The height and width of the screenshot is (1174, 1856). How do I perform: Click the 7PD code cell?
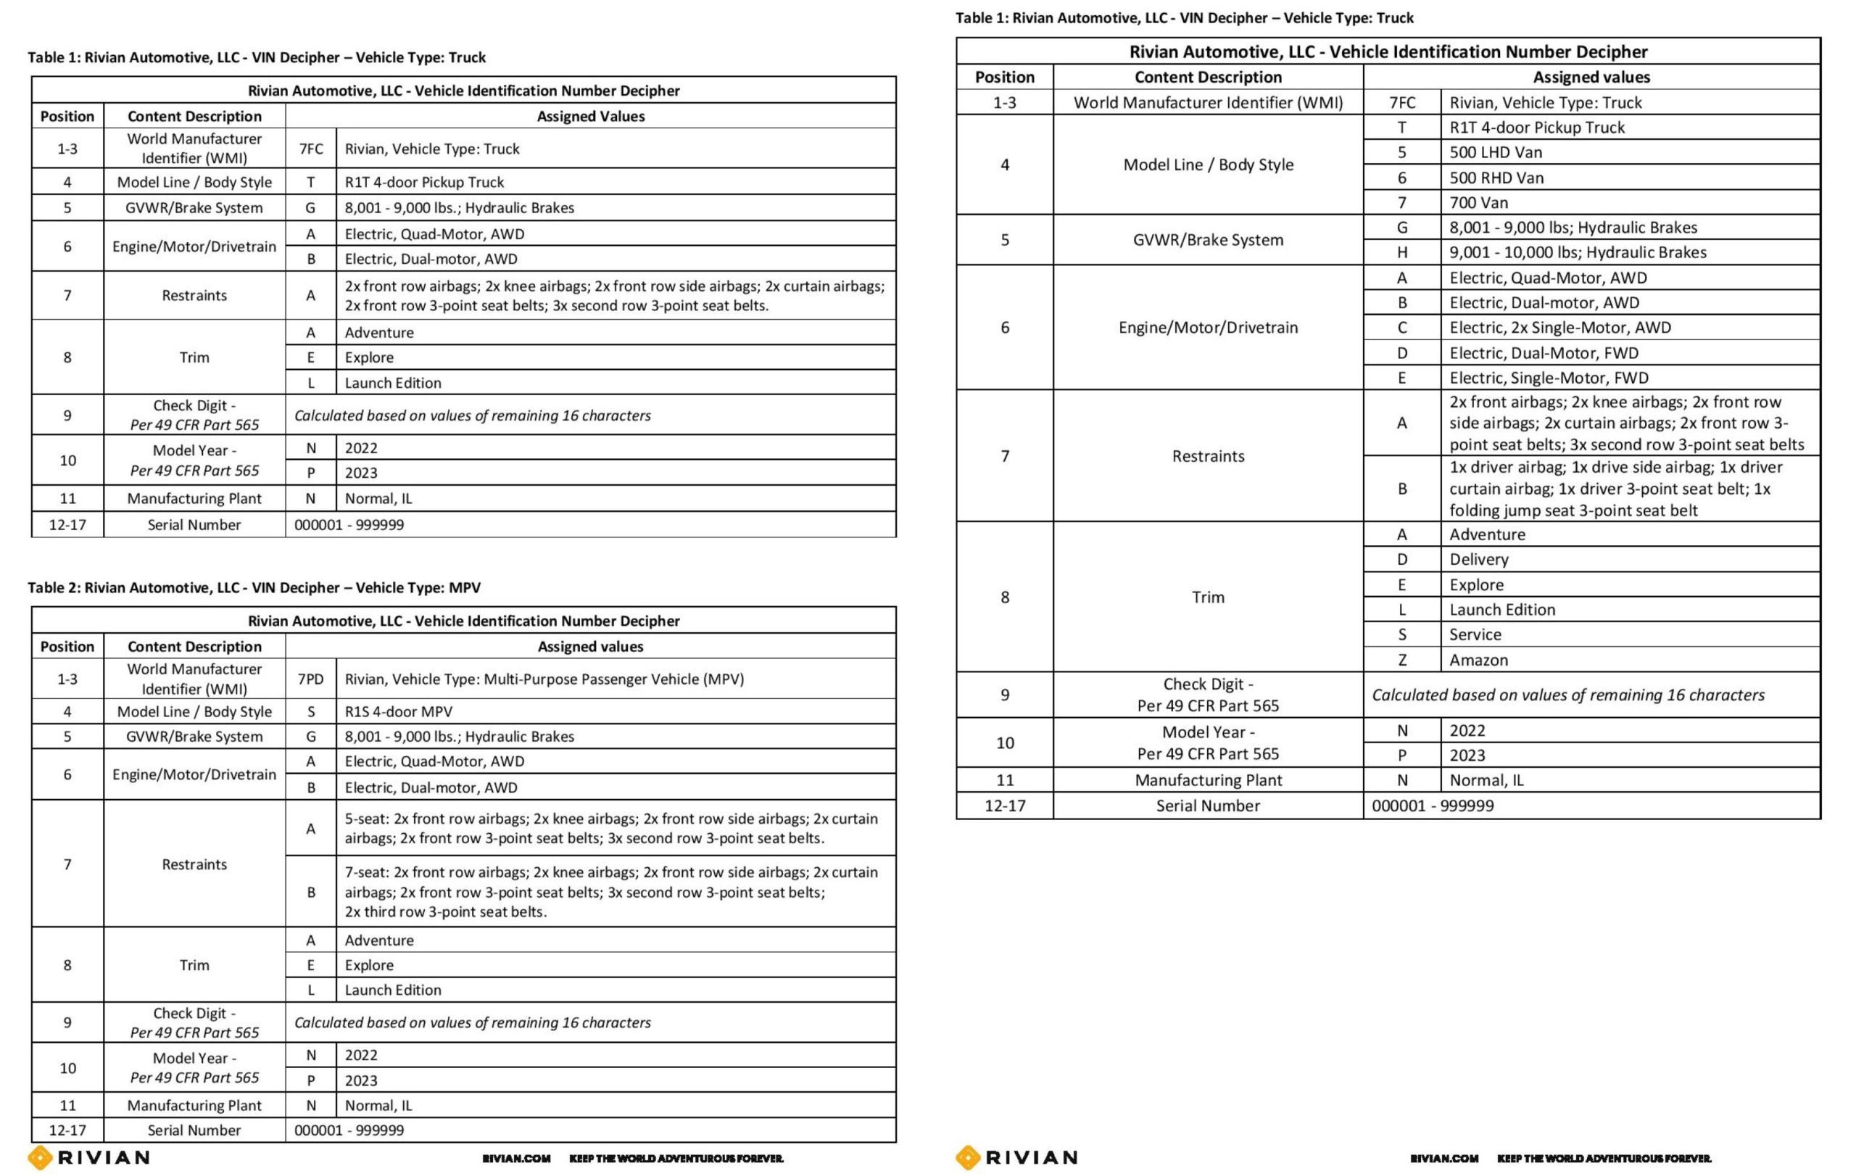[310, 678]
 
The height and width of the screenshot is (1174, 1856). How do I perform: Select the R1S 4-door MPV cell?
[398, 711]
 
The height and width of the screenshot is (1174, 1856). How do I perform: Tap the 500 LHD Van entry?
[1495, 152]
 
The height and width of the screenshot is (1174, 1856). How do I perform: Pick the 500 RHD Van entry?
[1496, 177]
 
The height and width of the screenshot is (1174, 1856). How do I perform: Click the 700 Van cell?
[1478, 202]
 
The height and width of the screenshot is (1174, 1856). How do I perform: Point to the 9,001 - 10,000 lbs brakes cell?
[1577, 252]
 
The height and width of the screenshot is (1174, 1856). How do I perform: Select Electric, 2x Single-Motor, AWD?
[1560, 327]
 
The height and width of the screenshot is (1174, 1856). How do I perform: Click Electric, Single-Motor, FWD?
[1549, 377]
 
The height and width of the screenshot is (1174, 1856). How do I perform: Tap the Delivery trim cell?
[1478, 559]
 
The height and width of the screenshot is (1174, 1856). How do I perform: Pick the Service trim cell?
[1475, 634]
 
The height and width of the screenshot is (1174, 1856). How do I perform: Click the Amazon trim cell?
[1478, 659]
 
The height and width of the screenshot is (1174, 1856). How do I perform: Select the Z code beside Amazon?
[1401, 659]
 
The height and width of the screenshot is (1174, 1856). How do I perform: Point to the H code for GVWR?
[1401, 252]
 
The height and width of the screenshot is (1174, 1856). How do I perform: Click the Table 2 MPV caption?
[254, 587]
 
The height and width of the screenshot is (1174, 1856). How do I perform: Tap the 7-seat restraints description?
[610, 891]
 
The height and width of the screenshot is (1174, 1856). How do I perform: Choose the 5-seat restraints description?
[610, 828]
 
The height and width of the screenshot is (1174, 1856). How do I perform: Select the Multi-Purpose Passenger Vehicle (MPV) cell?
[544, 678]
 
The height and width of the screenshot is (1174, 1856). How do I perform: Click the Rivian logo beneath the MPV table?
[89, 1157]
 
